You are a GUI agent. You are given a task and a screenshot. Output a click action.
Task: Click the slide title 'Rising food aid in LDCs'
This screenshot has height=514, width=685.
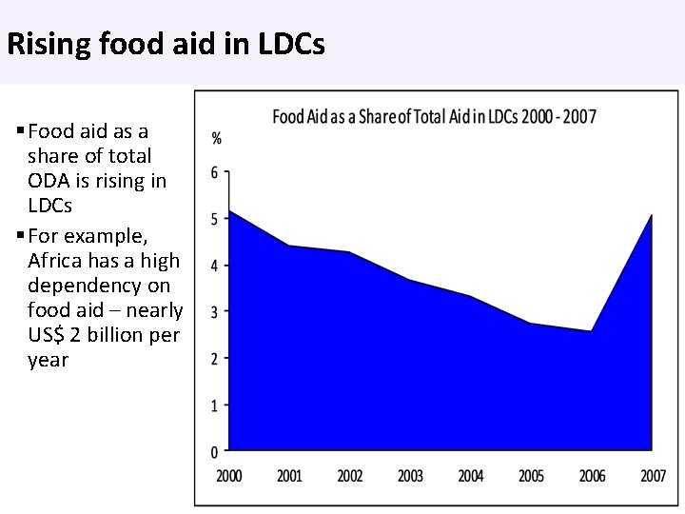[166, 45]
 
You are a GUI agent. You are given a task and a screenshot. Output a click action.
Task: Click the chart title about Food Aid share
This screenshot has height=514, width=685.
[435, 117]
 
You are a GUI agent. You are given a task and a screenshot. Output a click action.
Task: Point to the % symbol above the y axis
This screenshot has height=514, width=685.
[216, 139]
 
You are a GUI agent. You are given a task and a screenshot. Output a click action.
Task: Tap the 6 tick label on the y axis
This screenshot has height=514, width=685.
[214, 173]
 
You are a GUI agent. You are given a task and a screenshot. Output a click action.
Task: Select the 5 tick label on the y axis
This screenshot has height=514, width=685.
[214, 220]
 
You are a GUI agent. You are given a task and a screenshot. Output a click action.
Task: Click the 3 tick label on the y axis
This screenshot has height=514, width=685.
[214, 312]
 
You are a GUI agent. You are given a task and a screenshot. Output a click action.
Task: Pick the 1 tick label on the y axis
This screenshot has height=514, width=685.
[214, 405]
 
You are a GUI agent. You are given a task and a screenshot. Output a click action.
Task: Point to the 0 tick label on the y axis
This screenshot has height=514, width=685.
[214, 451]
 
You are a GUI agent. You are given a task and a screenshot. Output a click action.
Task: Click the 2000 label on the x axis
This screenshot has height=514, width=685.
[230, 476]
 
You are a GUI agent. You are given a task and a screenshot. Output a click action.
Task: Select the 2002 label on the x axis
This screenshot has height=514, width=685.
[350, 476]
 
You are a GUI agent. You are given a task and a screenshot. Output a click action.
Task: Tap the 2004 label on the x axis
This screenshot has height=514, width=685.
[471, 476]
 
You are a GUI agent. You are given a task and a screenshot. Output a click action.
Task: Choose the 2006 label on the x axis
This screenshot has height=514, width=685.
[591, 476]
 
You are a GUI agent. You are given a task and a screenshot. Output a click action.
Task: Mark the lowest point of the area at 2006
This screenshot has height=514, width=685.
[591, 331]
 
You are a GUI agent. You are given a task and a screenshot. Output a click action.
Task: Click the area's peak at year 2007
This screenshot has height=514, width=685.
[651, 215]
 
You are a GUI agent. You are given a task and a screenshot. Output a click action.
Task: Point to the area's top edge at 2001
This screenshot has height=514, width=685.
[290, 247]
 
